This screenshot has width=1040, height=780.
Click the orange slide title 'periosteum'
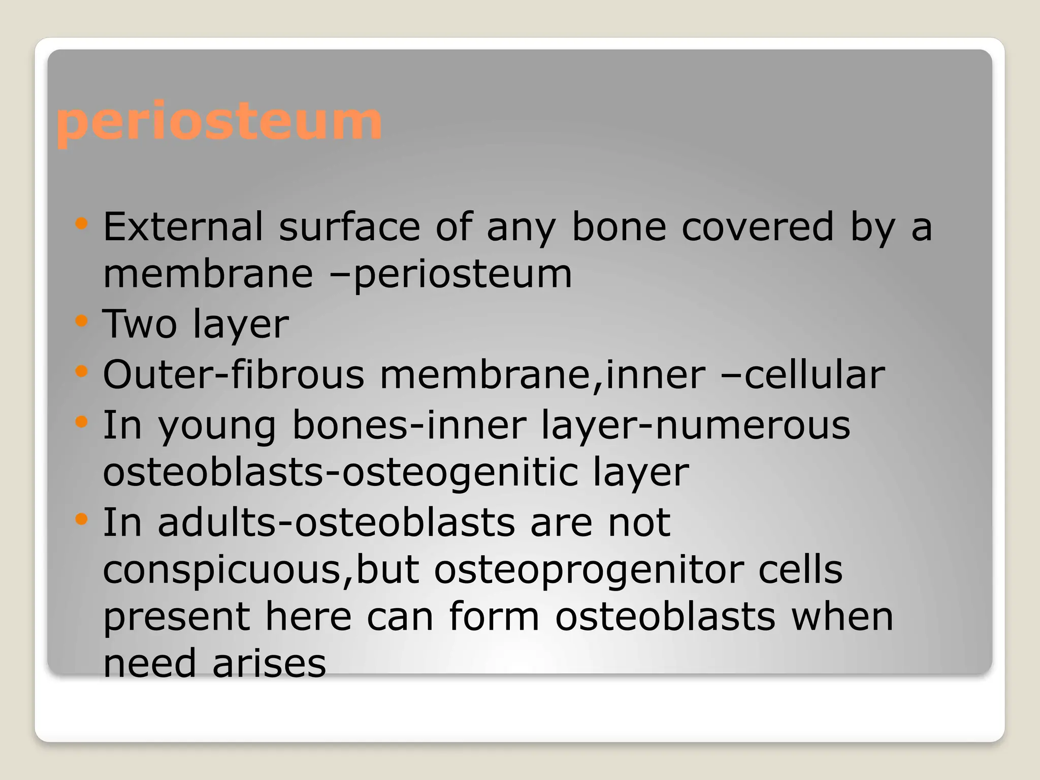tap(218, 122)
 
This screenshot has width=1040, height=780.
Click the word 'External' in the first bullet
tap(183, 226)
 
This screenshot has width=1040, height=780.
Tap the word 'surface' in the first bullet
tap(349, 226)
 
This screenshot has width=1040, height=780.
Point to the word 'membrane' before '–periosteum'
tap(208, 274)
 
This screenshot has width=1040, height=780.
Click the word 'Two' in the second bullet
tap(140, 324)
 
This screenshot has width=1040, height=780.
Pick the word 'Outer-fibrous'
tap(234, 375)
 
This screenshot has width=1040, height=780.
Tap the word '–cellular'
tap(803, 375)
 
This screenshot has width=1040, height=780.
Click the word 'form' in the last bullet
tap(494, 617)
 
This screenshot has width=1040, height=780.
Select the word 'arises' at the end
tap(269, 664)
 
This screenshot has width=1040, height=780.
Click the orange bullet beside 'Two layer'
tap(81, 321)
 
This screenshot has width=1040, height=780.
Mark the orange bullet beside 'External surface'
tap(81, 223)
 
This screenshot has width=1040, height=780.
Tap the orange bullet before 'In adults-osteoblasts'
tap(81, 519)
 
